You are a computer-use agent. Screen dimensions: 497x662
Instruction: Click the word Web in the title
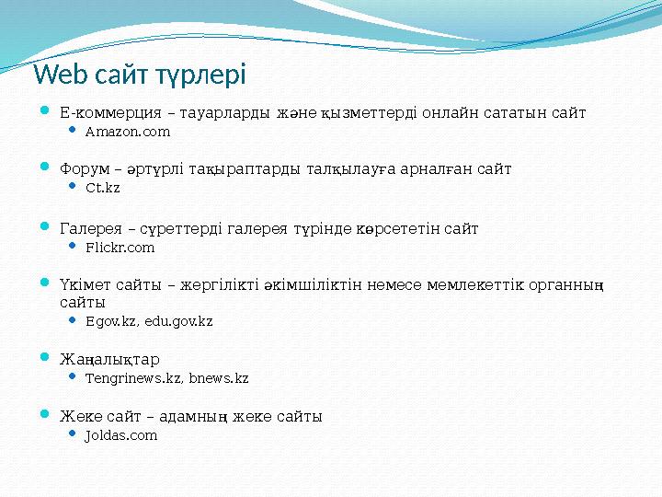[x=60, y=74]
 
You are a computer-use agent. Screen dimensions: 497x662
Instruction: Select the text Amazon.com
[x=127, y=133]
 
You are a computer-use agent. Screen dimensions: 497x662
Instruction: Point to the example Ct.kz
[x=102, y=189]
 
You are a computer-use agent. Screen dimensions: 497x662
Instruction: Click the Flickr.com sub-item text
[x=120, y=248]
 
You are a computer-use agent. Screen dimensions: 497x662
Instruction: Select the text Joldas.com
[x=120, y=435]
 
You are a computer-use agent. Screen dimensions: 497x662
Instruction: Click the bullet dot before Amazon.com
[x=74, y=132]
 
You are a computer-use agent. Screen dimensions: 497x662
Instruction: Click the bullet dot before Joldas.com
[x=74, y=434]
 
